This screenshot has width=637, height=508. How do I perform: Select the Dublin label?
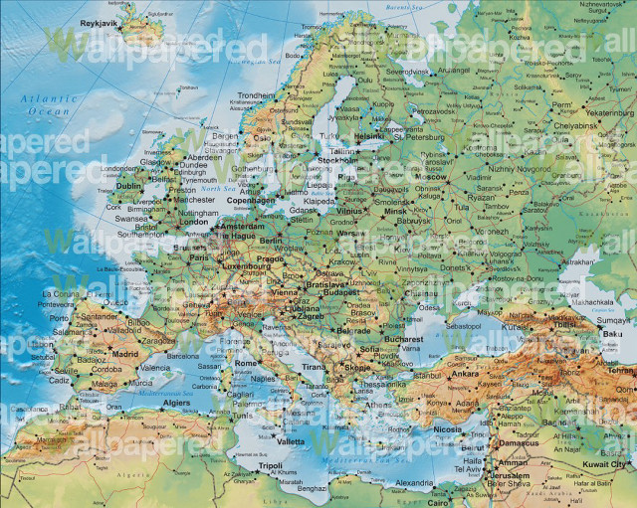coord(128,185)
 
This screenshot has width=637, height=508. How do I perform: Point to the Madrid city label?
coord(125,353)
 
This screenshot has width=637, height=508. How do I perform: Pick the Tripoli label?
coord(271,465)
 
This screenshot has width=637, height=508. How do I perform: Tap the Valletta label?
coord(291,440)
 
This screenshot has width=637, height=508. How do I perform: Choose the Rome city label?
coord(246,365)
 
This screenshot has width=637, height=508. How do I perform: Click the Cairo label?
coord(439,502)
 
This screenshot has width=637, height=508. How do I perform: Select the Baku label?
coord(613,334)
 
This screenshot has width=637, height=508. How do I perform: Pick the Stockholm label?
coord(338,159)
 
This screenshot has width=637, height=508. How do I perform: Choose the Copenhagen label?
coord(250,200)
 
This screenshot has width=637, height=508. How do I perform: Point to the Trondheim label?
coord(256,95)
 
